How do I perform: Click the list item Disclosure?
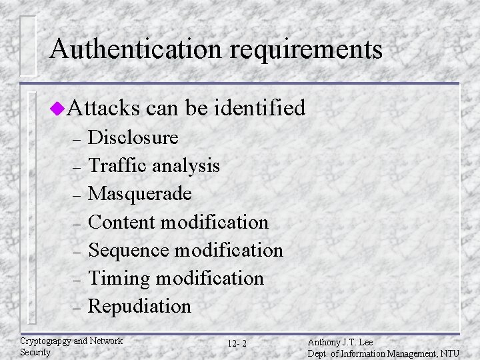pyautogui.click(x=133, y=137)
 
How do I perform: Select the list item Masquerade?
pyautogui.click(x=140, y=193)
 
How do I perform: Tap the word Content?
pyautogui.click(x=121, y=221)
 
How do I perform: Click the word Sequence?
pyautogui.click(x=127, y=250)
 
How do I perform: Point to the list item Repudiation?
pyautogui.click(x=139, y=307)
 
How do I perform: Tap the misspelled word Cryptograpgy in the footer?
pyautogui.click(x=45, y=341)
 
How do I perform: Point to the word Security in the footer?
pyautogui.click(x=35, y=351)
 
